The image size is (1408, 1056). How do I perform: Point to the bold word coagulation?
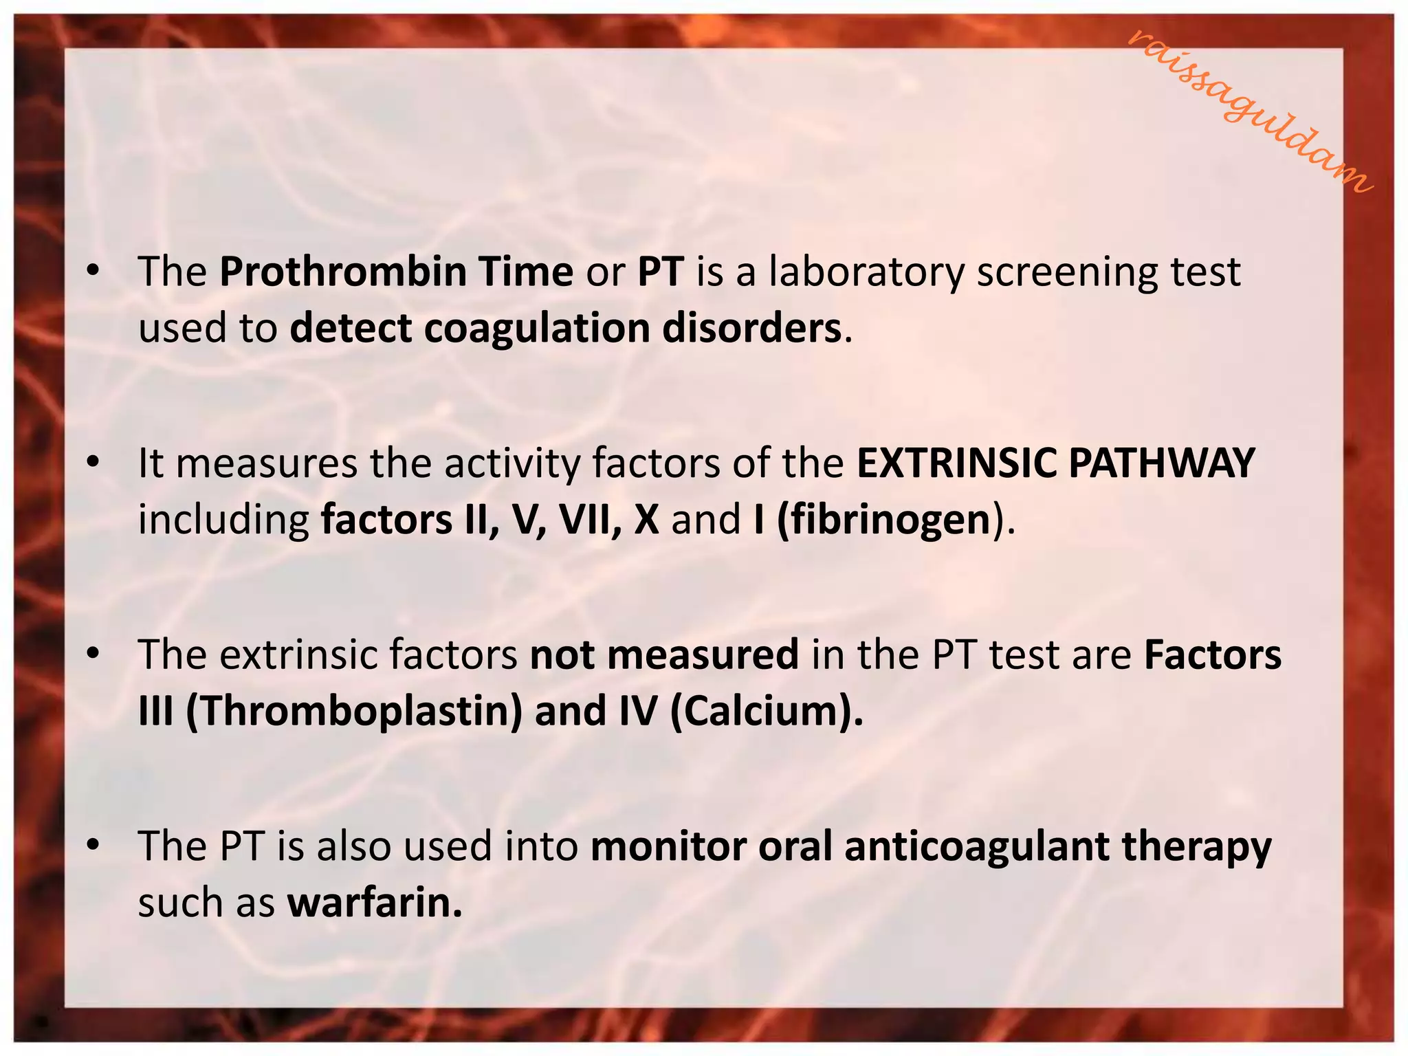click(x=536, y=329)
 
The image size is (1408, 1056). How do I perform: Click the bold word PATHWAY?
click(x=1161, y=463)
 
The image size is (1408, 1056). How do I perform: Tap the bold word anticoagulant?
click(x=976, y=846)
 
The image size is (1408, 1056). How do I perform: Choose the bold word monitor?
click(x=668, y=846)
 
